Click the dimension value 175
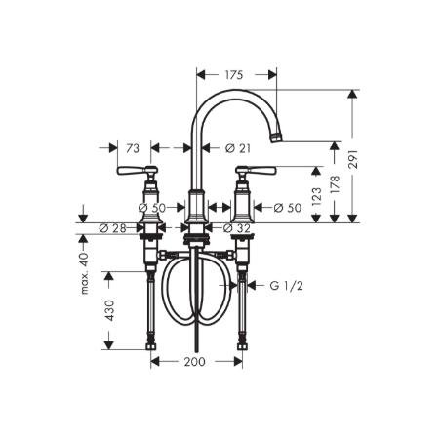pyautogui.click(x=234, y=74)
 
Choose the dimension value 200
pyautogui.click(x=195, y=361)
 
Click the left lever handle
pyautogui.click(x=128, y=173)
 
